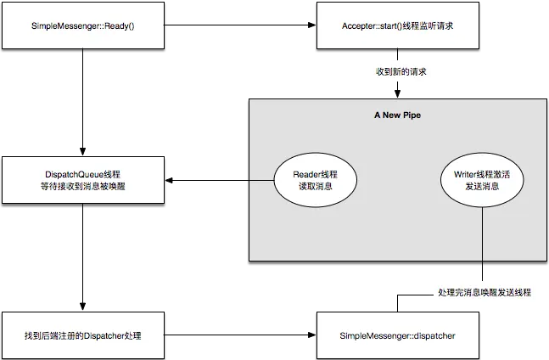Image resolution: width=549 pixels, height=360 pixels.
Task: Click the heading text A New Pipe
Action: [397, 114]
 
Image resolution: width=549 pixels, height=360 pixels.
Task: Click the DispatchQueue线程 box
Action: [83, 180]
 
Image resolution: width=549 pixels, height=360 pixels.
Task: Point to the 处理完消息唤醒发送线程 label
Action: [485, 293]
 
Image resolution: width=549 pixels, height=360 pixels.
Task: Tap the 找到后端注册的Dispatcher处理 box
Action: [83, 336]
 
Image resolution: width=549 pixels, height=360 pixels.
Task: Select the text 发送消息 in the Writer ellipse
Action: [482, 187]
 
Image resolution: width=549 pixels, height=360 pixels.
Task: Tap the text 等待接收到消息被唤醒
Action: [83, 187]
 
